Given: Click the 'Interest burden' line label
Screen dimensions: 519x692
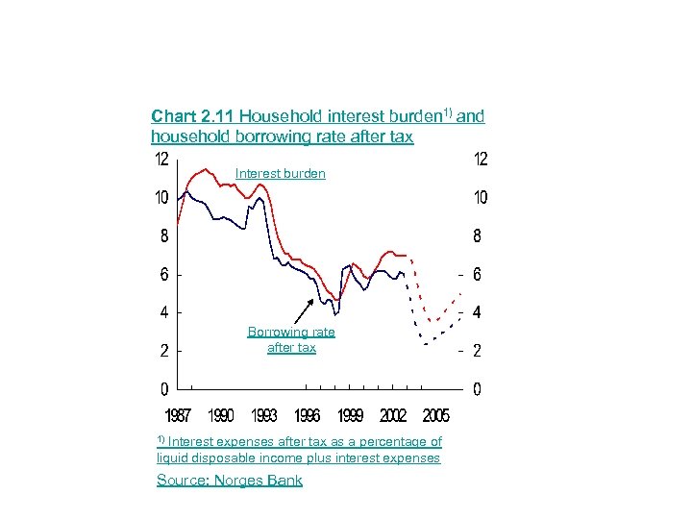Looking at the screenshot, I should pyautogui.click(x=280, y=174).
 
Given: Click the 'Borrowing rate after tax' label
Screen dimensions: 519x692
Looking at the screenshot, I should pyautogui.click(x=291, y=339).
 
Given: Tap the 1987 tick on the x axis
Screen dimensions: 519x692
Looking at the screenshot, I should pyautogui.click(x=178, y=416).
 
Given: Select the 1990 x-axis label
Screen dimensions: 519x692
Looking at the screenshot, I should pyautogui.click(x=221, y=416).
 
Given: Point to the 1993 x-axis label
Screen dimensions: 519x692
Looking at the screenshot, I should pyautogui.click(x=264, y=416).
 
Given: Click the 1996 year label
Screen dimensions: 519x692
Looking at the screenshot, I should pyautogui.click(x=308, y=416).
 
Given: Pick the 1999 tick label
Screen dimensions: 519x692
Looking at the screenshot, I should pyautogui.click(x=350, y=416).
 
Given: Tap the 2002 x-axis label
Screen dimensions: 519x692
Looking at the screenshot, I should pyautogui.click(x=393, y=416).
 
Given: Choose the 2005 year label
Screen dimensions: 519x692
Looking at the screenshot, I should pyautogui.click(x=435, y=416).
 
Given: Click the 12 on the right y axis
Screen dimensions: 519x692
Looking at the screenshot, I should pyautogui.click(x=481, y=159).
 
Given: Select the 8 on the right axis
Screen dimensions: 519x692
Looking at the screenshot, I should pyautogui.click(x=478, y=235).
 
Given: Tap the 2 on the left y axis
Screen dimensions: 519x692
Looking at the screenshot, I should pyautogui.click(x=164, y=351).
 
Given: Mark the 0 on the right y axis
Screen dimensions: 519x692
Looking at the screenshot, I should pyautogui.click(x=478, y=389).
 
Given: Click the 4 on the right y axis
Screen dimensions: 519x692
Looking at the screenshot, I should pyautogui.click(x=478, y=312).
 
